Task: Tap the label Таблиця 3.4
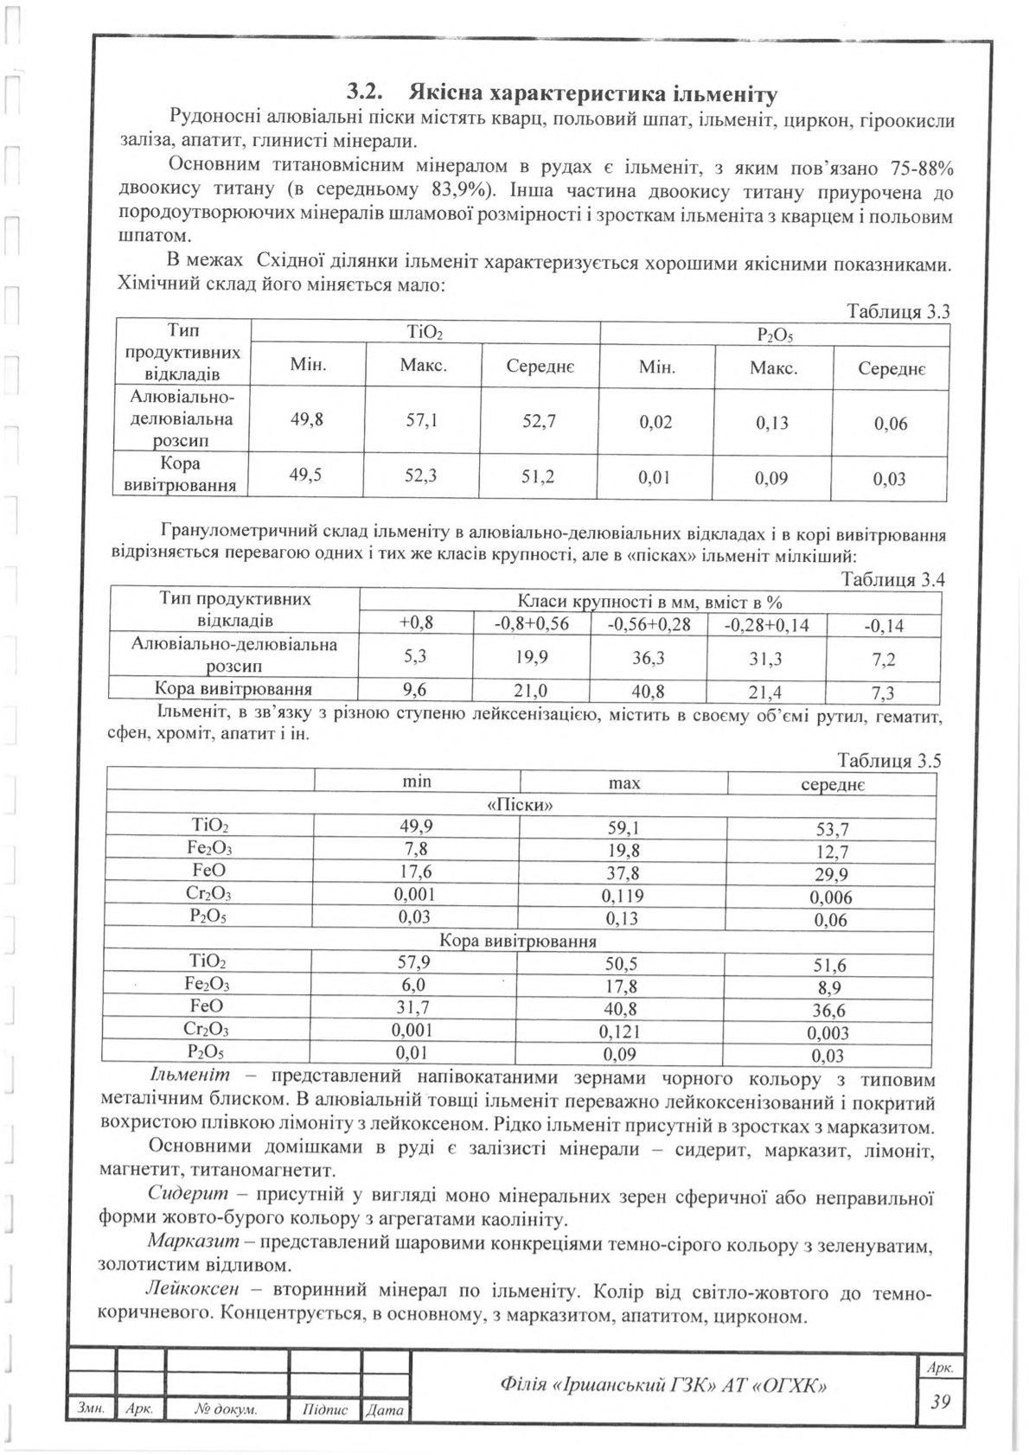tap(893, 580)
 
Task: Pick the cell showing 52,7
tap(538, 423)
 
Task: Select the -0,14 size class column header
tap(883, 626)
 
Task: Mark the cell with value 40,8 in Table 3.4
tap(648, 691)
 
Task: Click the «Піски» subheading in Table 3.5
tap(521, 805)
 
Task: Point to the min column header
tap(418, 782)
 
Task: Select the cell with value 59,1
tap(624, 828)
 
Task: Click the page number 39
tap(940, 1401)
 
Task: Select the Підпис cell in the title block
tap(325, 1410)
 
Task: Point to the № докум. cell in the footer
tap(227, 1410)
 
